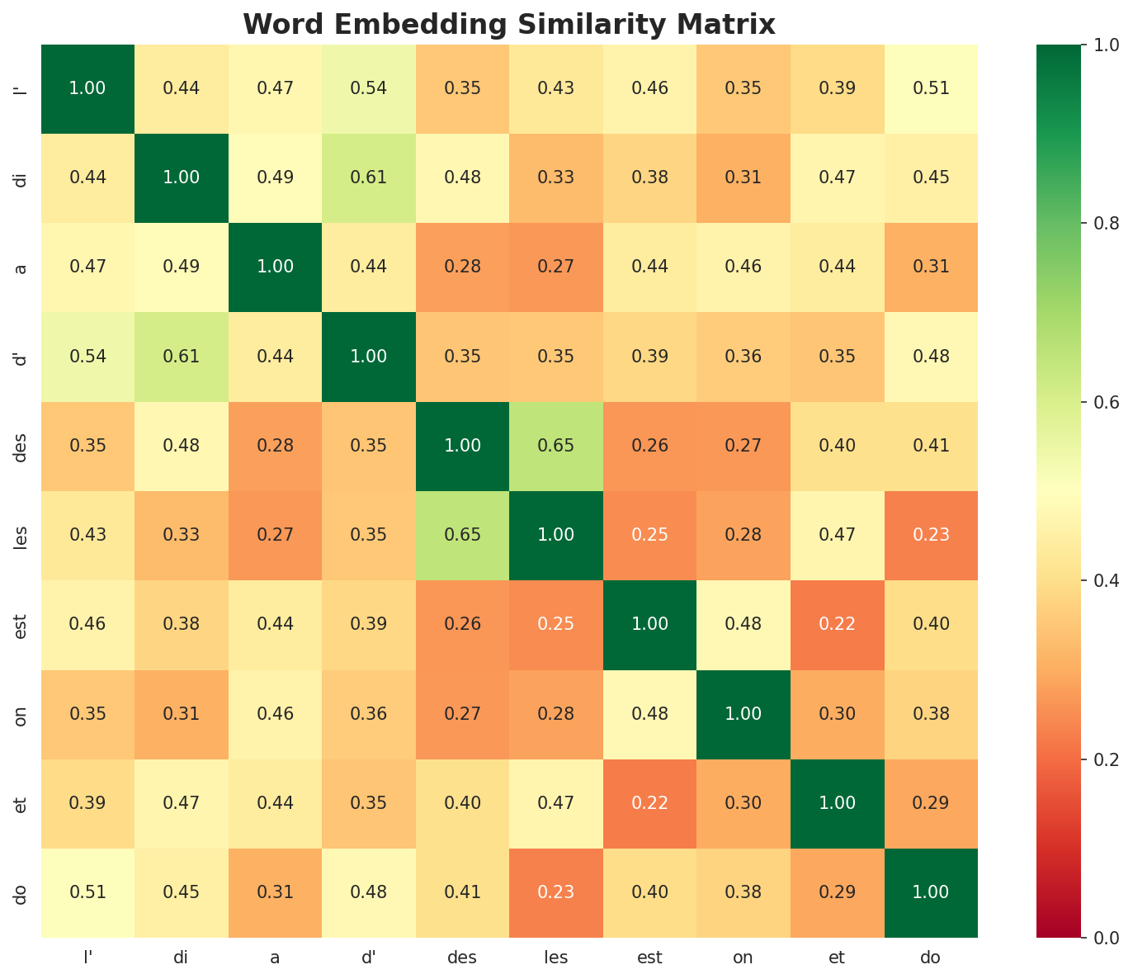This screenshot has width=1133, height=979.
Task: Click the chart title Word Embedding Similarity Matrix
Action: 509,25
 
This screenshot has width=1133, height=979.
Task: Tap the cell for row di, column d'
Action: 369,177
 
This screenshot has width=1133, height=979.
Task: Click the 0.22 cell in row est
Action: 837,624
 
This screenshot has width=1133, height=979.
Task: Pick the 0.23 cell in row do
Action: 556,892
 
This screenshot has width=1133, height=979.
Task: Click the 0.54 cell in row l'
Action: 369,88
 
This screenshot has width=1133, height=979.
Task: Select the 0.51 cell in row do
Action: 87,892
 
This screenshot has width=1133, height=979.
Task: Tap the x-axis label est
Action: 649,958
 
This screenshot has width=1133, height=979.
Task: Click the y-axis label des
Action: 21,446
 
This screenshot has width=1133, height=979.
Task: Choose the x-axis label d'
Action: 369,958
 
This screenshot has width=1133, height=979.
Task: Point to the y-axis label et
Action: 21,803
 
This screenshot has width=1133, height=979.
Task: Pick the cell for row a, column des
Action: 462,267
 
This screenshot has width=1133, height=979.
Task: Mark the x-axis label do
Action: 931,958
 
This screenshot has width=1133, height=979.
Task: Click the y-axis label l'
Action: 21,88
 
